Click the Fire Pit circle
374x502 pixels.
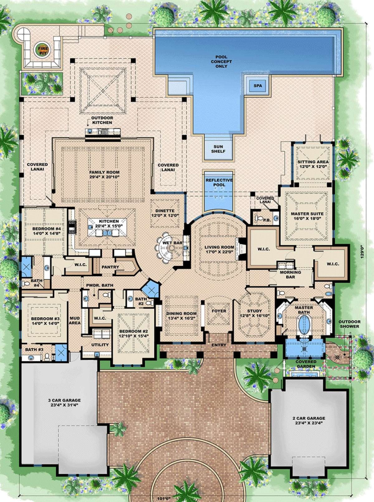(43, 51)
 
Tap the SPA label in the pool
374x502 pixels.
(258, 86)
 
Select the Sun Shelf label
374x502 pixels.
(218, 149)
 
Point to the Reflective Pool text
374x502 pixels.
(219, 182)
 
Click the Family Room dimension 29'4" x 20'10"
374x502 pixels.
(104, 177)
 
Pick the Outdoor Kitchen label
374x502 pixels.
(102, 120)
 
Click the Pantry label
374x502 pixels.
(110, 267)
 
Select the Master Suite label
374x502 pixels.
(307, 214)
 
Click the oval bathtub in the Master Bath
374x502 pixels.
(303, 324)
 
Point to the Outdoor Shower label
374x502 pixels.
(349, 324)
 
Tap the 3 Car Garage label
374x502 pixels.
(65, 400)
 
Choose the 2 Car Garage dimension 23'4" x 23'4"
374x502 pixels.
(309, 423)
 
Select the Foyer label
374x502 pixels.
(219, 311)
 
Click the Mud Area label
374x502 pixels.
(74, 321)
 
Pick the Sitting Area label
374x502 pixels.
(313, 162)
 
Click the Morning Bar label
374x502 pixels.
(290, 274)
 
